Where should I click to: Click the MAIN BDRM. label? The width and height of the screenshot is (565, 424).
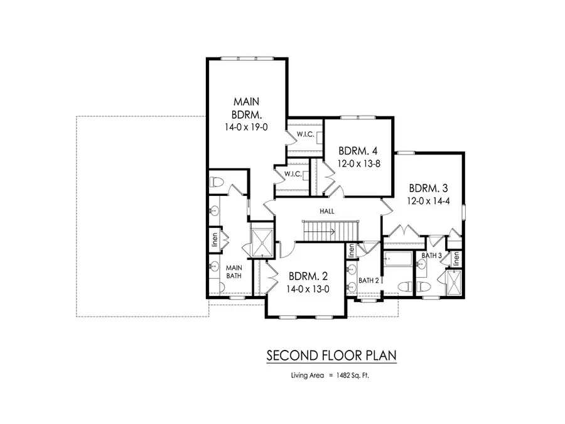tap(247, 107)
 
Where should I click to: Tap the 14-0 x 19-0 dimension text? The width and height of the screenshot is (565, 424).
tap(247, 126)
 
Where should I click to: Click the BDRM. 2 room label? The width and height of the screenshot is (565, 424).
tap(308, 276)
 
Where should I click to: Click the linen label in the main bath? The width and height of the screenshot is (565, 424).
tap(213, 239)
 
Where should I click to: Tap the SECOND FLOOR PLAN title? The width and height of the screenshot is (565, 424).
tap(331, 356)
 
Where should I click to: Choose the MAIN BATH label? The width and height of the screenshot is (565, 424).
tap(234, 271)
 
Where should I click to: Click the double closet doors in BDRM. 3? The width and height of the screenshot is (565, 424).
tap(404, 232)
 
